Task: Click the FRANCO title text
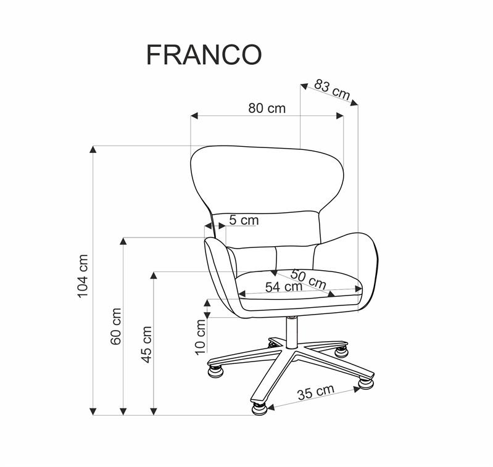(204, 54)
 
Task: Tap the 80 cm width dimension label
(267, 108)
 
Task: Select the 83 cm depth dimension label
(332, 89)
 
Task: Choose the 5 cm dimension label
(244, 220)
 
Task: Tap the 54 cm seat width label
(283, 287)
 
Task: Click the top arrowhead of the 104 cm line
(94, 149)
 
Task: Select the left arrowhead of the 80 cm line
(194, 115)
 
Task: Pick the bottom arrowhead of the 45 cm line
(153, 411)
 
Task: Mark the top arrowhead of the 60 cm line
(124, 241)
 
